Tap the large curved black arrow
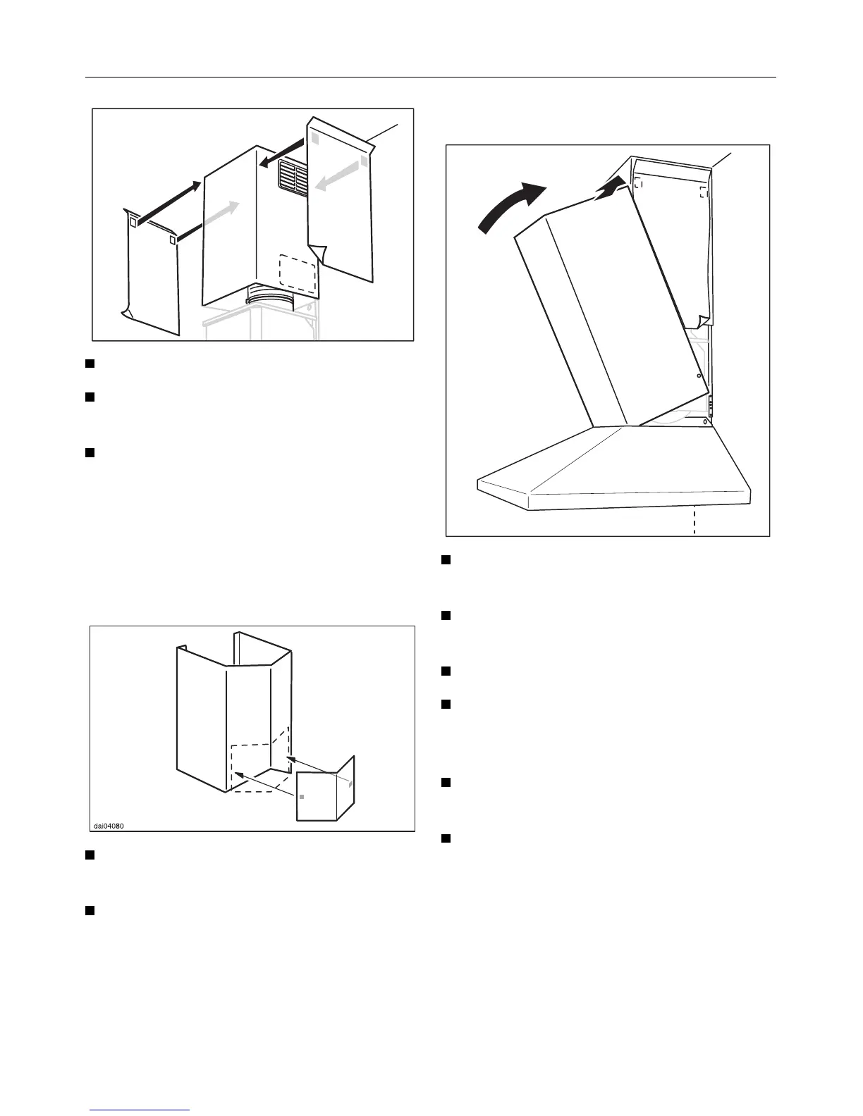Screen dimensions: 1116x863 (x=510, y=205)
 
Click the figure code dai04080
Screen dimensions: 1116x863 (x=111, y=826)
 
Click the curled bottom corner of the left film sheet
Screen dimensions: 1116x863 (x=127, y=311)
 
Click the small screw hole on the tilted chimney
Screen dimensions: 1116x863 (x=698, y=376)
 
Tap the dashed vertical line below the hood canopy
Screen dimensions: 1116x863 (x=694, y=521)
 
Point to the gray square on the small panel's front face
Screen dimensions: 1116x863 (x=302, y=796)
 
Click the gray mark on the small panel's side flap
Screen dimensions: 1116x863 (x=350, y=782)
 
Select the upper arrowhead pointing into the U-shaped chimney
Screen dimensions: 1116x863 (x=290, y=759)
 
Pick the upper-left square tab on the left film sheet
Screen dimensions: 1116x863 (x=133, y=221)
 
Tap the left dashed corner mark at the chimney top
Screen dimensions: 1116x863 (x=638, y=182)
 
